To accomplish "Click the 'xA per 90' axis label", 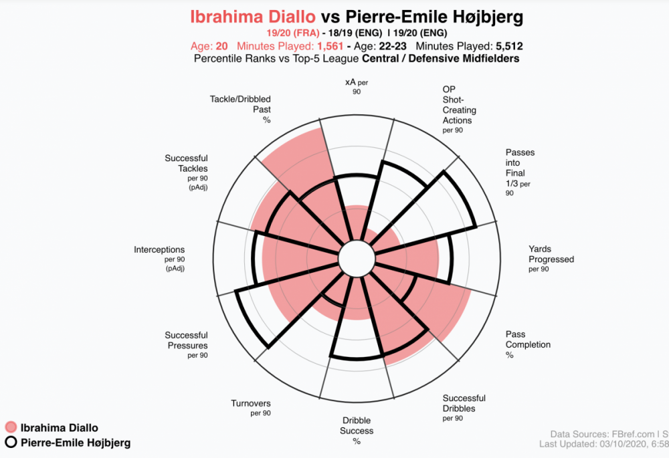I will point(357,86).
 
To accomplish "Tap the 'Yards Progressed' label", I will point(551,259).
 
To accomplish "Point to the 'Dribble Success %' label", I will point(357,431).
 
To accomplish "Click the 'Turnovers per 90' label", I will point(251,408).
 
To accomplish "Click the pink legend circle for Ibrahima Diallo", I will point(10,428).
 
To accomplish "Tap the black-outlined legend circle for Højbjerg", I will point(10,443).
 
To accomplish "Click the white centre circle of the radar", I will point(356,258).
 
